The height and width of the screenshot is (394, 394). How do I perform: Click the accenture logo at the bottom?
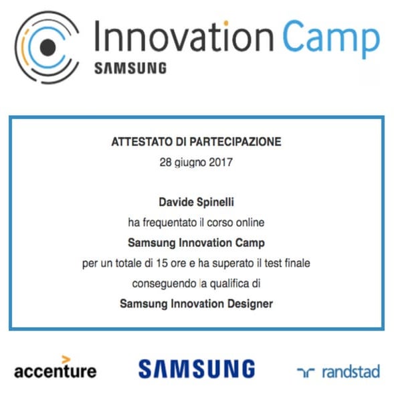tap(56, 369)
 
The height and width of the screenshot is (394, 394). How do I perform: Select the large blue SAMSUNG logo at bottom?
tap(197, 369)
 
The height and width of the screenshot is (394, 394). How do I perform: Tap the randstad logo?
tap(338, 371)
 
